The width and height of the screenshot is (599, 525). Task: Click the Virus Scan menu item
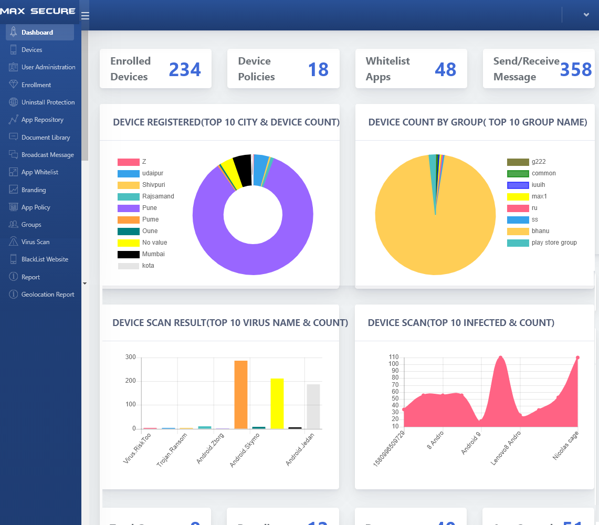click(x=35, y=242)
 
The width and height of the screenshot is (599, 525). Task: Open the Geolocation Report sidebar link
click(x=47, y=295)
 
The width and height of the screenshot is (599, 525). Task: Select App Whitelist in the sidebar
click(x=39, y=172)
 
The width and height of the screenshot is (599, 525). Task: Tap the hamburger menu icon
click(x=85, y=16)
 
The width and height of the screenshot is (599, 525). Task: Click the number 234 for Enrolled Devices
click(x=185, y=69)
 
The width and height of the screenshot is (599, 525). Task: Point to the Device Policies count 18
click(x=318, y=69)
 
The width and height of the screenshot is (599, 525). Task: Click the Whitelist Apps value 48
click(x=445, y=69)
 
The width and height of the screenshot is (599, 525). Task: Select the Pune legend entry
click(x=149, y=208)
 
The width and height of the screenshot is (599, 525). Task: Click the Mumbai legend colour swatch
click(x=128, y=254)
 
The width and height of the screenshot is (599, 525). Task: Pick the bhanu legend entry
click(x=540, y=231)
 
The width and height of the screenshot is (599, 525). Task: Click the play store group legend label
click(x=554, y=243)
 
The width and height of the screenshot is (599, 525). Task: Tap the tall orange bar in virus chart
click(x=241, y=395)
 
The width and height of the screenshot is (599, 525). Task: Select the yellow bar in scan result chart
click(x=277, y=403)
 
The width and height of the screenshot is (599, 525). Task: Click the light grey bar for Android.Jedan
click(x=313, y=406)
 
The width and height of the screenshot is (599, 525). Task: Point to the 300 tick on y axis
click(x=131, y=358)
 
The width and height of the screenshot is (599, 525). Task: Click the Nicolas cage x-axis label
click(x=566, y=446)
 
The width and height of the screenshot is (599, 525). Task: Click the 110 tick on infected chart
click(x=393, y=357)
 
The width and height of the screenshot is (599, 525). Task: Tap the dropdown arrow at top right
click(x=586, y=15)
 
